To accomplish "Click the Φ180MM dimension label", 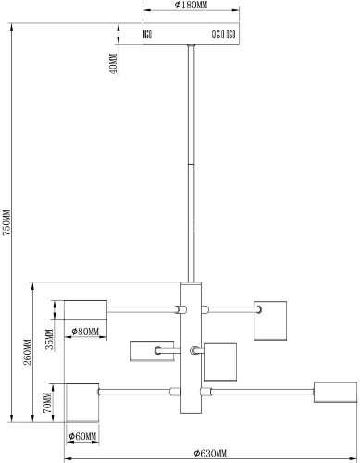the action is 192,5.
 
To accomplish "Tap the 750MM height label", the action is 6,222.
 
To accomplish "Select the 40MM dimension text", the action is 113,64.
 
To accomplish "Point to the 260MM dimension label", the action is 28,352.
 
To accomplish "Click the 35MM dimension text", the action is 50,339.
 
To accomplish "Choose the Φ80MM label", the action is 85,332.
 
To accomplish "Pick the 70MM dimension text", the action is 47,403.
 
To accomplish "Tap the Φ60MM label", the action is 82,436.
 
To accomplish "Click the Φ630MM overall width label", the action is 210,453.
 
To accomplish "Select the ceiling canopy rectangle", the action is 191,33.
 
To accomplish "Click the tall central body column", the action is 191,348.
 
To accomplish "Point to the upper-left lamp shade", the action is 85,309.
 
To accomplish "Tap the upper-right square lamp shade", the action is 270,320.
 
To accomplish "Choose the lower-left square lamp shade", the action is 82,403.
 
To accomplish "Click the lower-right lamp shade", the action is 335,392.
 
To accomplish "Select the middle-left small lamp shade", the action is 152,351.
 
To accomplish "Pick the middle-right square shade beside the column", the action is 220,361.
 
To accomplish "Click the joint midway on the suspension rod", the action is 192,165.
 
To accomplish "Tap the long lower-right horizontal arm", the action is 262,392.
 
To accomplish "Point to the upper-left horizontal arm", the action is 142,309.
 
